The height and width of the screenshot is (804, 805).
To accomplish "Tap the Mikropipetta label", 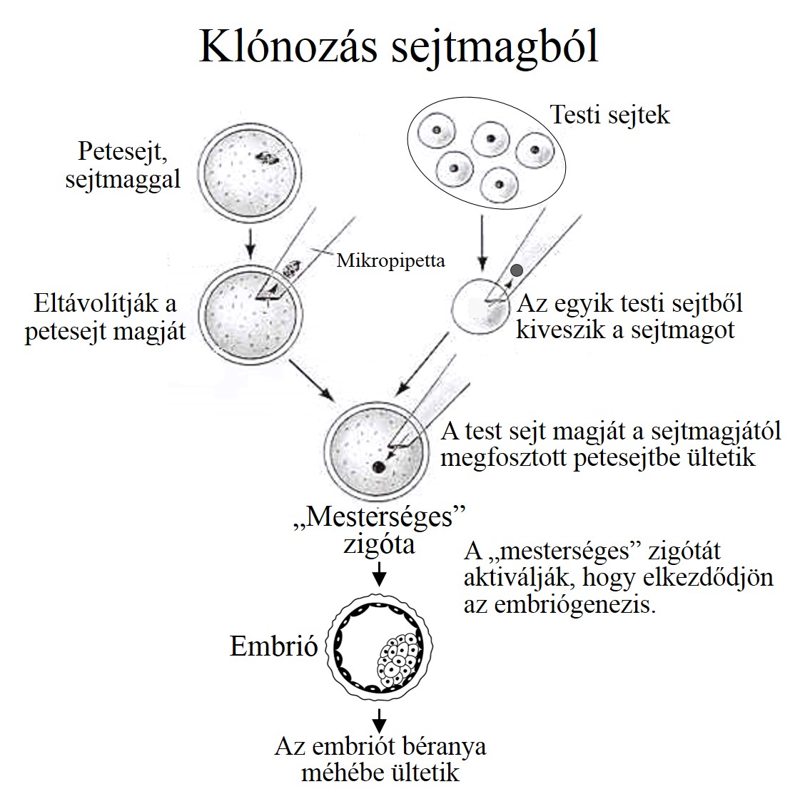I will tap(390, 260).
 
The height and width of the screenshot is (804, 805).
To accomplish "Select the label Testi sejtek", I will tap(610, 115).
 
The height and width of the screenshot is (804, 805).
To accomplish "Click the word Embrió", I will tap(273, 646).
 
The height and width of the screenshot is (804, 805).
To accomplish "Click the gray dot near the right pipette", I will tap(517, 270).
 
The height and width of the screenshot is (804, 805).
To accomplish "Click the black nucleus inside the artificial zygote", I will tap(377, 468).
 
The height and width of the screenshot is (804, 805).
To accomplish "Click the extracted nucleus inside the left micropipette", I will tap(293, 270).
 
